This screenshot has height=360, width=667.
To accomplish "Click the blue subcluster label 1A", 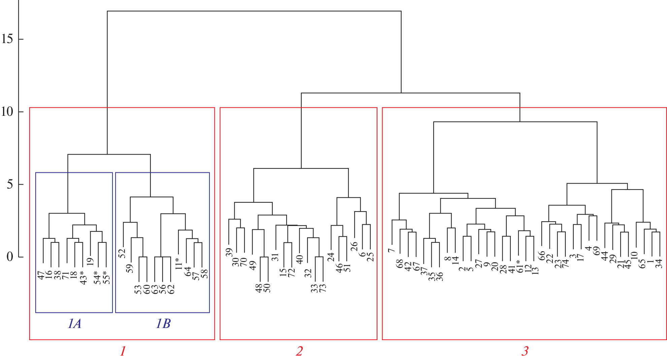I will [74, 324].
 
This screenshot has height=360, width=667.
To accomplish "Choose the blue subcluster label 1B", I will [163, 324].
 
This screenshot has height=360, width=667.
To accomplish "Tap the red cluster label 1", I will [123, 351].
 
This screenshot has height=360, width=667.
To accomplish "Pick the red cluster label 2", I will [299, 351].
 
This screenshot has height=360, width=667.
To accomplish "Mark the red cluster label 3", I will [525, 351].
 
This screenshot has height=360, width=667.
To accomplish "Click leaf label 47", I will [41, 275].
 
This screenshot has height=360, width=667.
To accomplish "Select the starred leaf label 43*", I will [83, 277].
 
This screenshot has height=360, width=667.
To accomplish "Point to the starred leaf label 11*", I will [178, 263].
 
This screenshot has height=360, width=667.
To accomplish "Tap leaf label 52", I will [122, 253].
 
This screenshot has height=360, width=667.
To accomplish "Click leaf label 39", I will [229, 253].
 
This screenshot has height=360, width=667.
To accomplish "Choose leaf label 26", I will [354, 247].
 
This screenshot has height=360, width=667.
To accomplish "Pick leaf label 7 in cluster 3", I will [391, 250].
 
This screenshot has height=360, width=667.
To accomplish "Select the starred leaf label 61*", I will [520, 266].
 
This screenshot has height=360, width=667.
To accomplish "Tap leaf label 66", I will [541, 256].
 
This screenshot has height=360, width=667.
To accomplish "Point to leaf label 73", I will [323, 288].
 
